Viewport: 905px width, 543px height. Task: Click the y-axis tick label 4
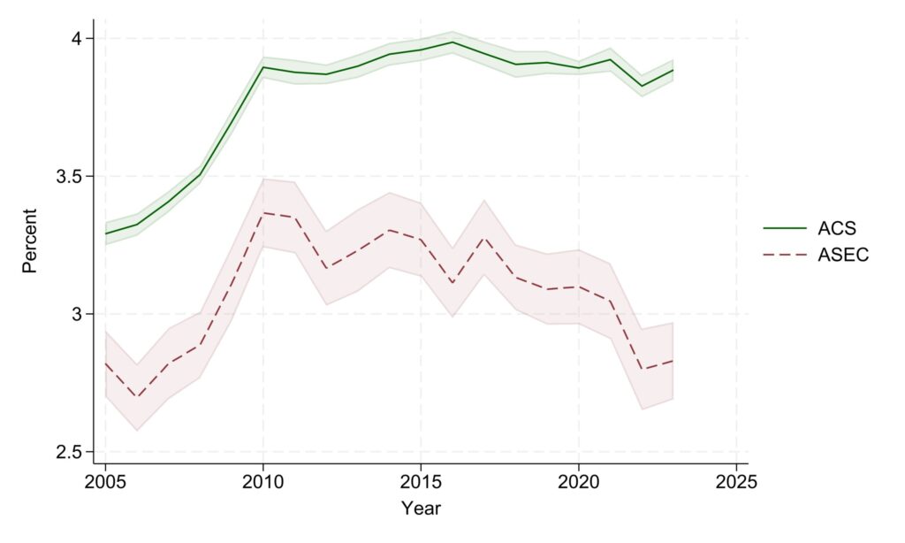tap(77, 38)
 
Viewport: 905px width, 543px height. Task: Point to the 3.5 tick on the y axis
tap(70, 176)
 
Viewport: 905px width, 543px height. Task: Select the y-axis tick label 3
tap(77, 314)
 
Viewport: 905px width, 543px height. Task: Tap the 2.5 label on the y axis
tap(70, 452)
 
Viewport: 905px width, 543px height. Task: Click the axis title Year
tap(421, 509)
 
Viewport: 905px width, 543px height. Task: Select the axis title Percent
tap(30, 241)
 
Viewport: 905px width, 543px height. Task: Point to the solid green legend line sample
tap(786, 228)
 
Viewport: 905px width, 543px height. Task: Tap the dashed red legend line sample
tap(786, 255)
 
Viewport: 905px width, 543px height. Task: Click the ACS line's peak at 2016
tap(452, 42)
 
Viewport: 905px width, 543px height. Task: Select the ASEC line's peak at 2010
tap(262, 213)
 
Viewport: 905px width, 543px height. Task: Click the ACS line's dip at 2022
tap(642, 86)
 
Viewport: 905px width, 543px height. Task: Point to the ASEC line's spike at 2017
tap(483, 237)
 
